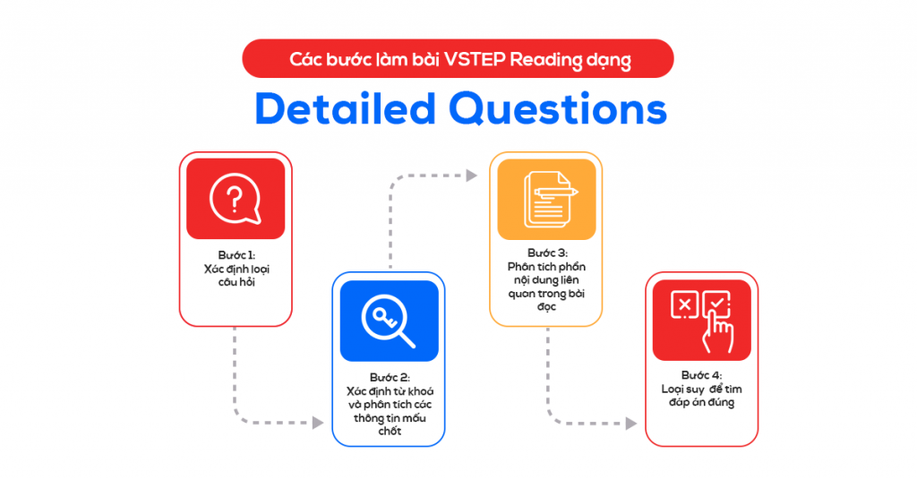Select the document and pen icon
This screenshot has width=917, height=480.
[546, 198]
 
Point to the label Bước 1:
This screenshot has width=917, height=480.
[236, 254]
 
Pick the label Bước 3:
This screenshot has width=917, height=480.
[546, 253]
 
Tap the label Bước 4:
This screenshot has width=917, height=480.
[702, 374]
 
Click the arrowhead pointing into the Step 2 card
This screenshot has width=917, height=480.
[318, 422]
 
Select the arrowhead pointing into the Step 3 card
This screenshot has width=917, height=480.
[471, 176]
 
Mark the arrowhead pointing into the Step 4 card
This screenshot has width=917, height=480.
[630, 422]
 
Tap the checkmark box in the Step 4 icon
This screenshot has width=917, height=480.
[718, 305]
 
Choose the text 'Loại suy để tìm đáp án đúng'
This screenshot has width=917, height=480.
[702, 396]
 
